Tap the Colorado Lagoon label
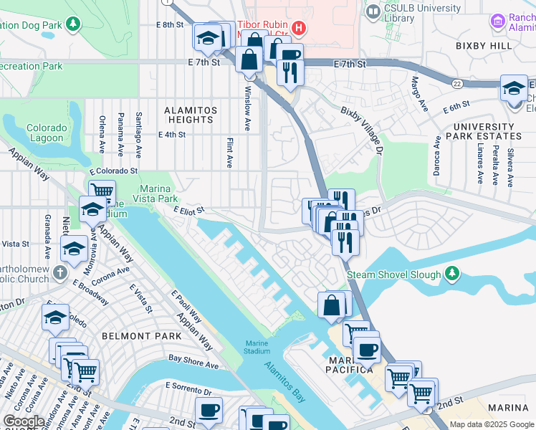[x=47, y=133]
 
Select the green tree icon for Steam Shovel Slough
[x=451, y=273]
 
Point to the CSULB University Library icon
[x=373, y=11]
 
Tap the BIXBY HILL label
[x=484, y=45]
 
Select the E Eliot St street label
[x=189, y=210]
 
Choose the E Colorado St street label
[x=113, y=171]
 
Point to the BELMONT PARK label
[x=133, y=335]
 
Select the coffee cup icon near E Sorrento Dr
[x=209, y=411]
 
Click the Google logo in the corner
[x=24, y=421]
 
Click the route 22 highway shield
[x=456, y=83]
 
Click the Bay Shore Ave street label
[x=193, y=361]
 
